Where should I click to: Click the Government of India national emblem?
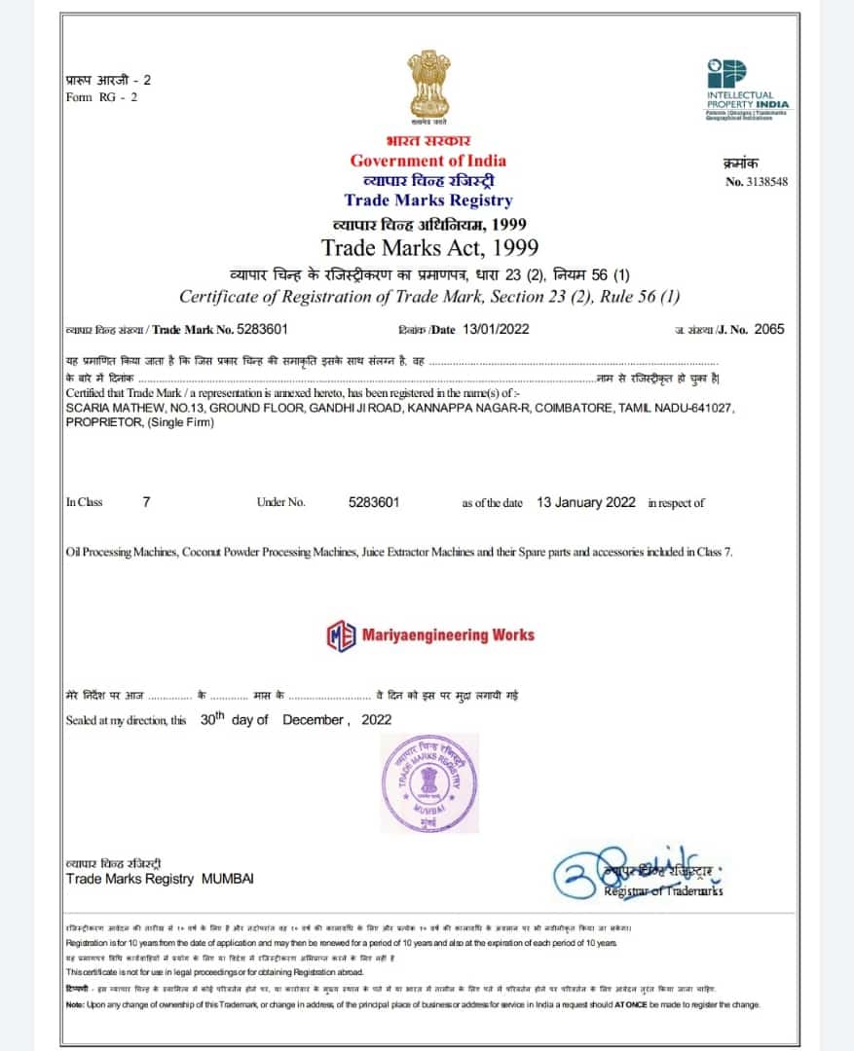428,89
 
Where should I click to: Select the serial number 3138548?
764,182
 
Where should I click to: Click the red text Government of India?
428,161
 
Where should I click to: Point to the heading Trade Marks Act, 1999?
429,247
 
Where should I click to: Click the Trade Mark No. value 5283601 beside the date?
256,329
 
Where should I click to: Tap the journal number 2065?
769,329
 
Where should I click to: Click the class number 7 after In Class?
146,502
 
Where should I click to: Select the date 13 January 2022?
586,502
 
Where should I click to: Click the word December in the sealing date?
313,720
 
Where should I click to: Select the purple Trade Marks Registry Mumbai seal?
428,783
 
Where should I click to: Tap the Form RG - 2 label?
101,97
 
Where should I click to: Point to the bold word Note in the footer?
76,1004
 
